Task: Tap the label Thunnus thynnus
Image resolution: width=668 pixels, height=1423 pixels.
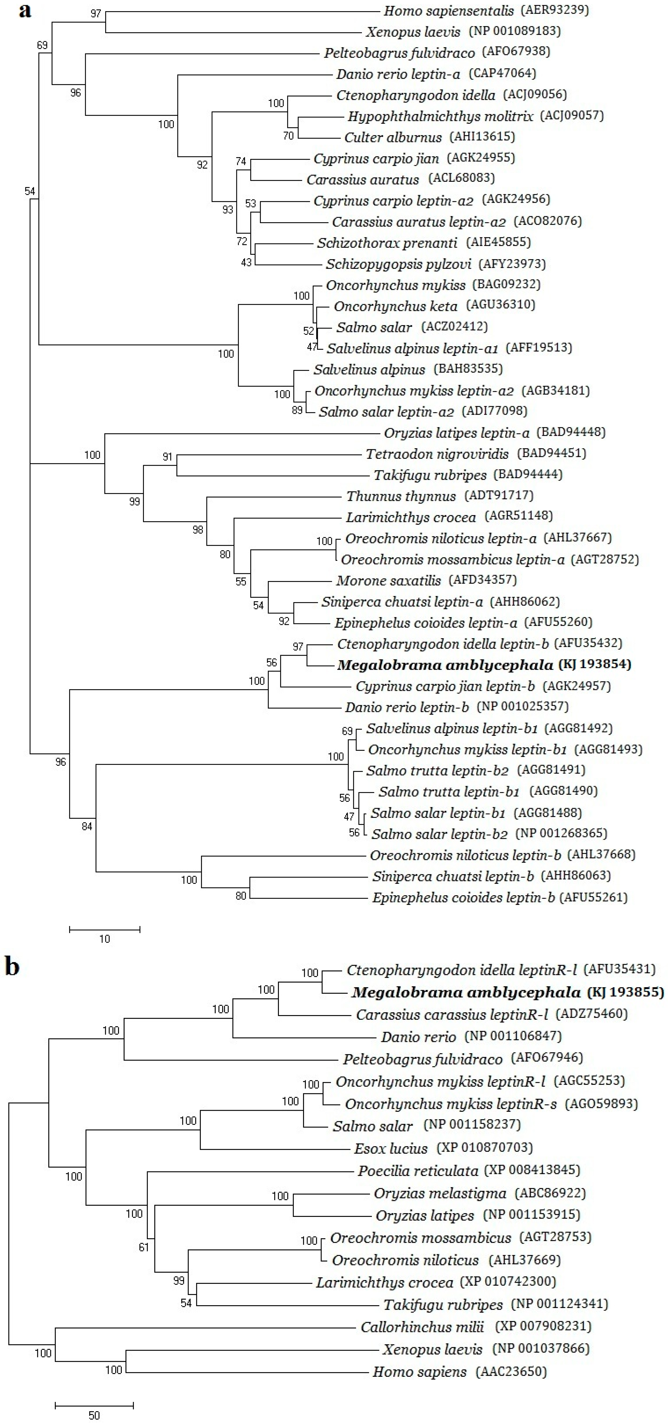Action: point(401,496)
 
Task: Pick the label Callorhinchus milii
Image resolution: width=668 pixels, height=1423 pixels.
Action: point(422,1326)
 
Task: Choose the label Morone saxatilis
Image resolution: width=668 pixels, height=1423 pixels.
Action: point(388,581)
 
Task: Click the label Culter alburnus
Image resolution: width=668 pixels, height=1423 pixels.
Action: point(393,137)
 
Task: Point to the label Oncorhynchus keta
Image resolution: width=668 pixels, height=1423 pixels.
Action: point(396,306)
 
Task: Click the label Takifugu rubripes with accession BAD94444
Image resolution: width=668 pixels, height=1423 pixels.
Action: point(430,475)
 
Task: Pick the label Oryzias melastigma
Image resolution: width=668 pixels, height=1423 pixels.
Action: point(440,1193)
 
